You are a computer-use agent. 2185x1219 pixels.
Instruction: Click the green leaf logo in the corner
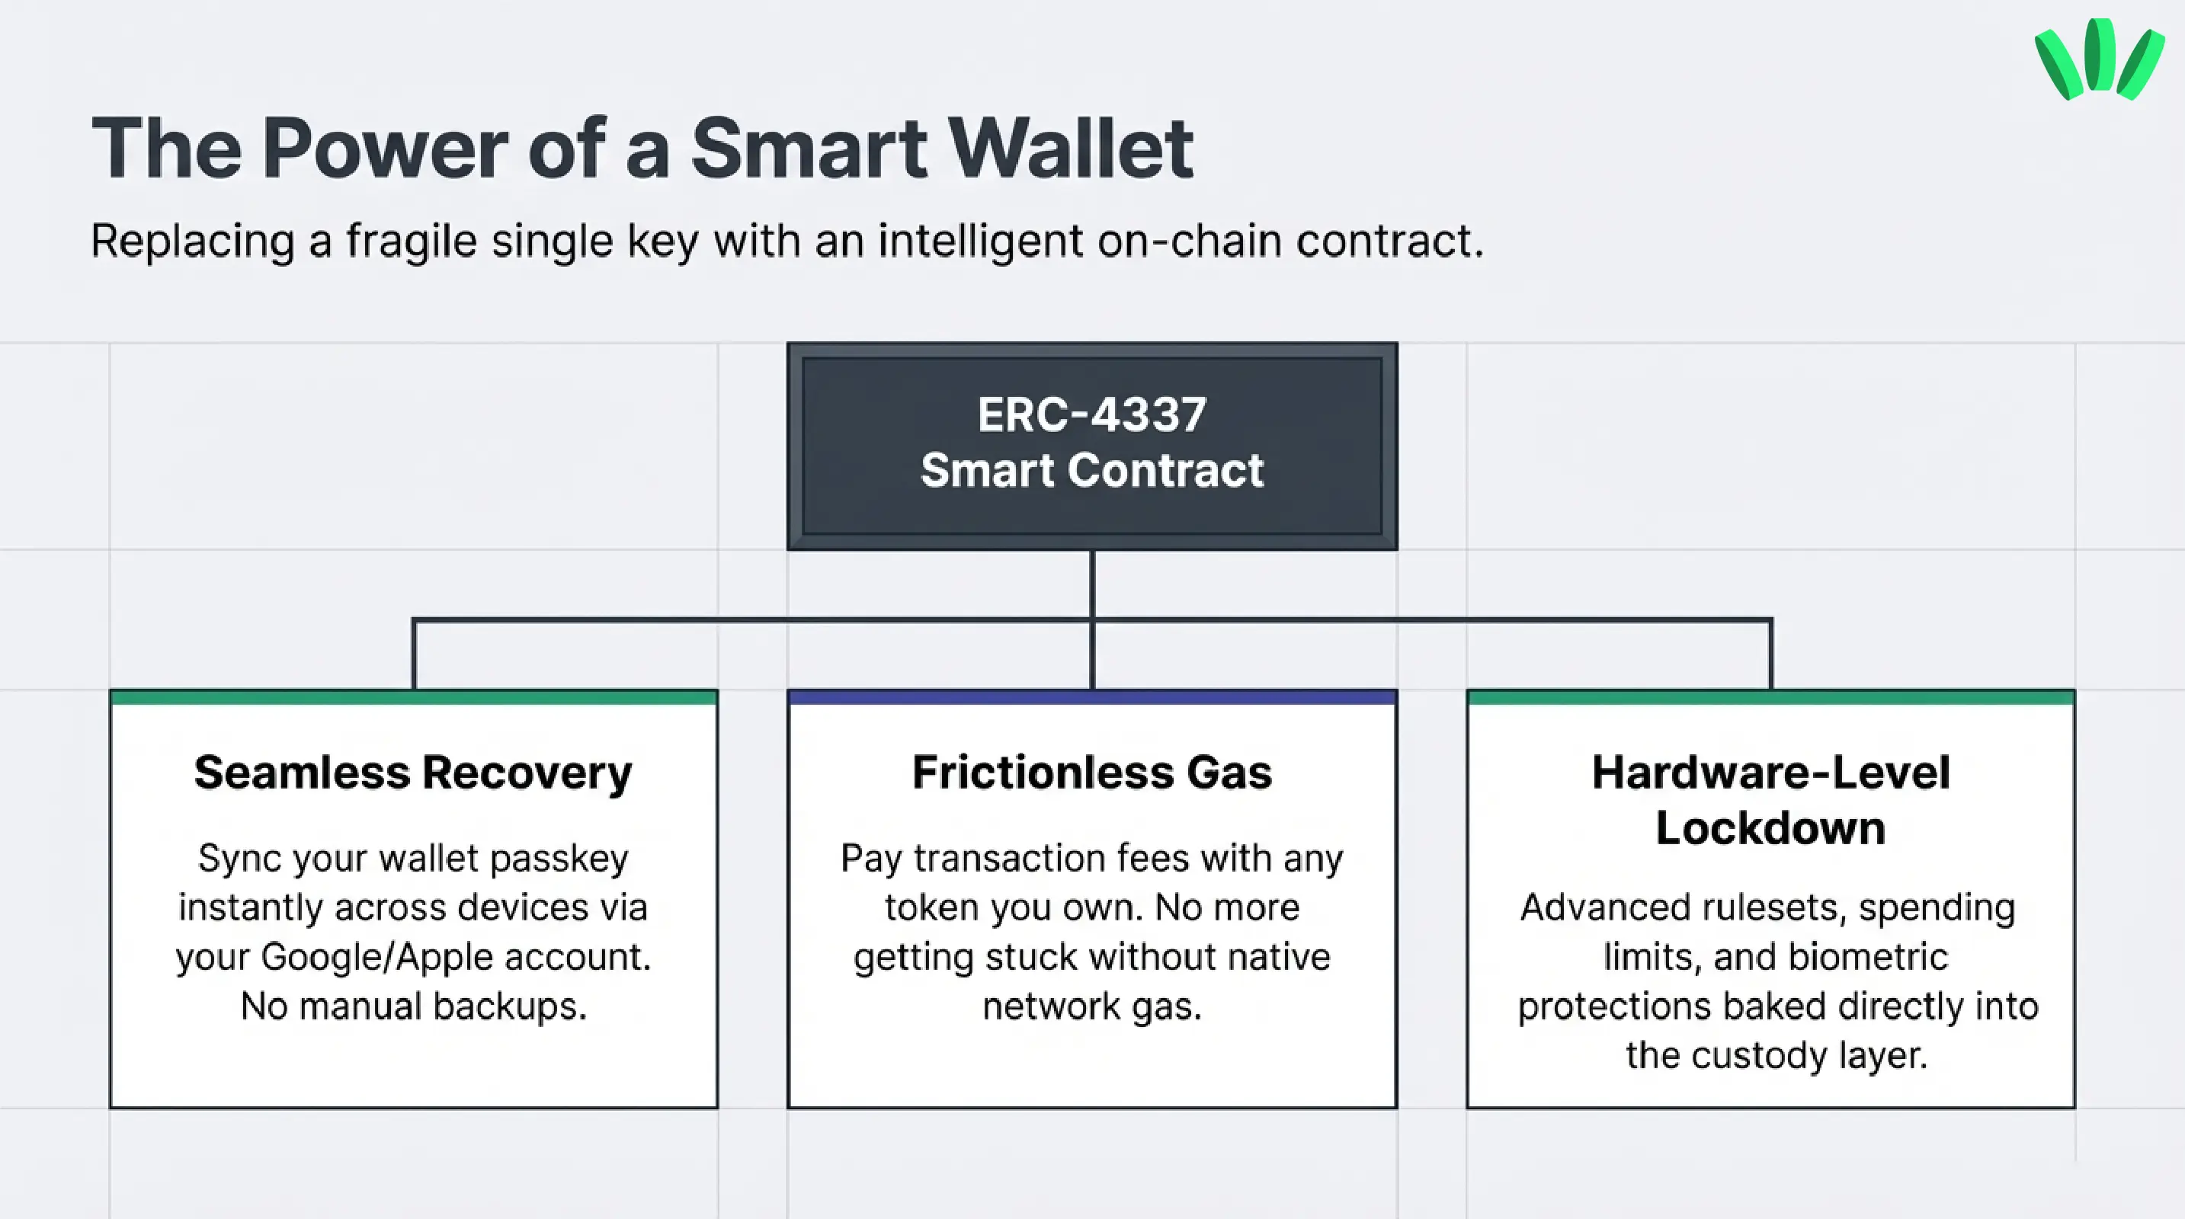pyautogui.click(x=2098, y=59)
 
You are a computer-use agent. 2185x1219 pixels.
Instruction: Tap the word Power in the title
pyautogui.click(x=385, y=149)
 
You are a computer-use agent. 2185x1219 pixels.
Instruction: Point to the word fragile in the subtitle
pyautogui.click(x=412, y=242)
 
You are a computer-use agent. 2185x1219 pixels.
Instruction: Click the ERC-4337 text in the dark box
pyautogui.click(x=1091, y=415)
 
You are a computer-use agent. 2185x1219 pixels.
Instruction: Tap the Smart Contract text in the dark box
pyautogui.click(x=1091, y=471)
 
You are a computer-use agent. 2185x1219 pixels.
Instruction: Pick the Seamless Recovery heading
pyautogui.click(x=413, y=773)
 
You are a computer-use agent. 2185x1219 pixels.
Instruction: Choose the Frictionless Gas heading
pyautogui.click(x=1091, y=773)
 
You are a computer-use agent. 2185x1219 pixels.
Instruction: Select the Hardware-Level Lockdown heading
pyautogui.click(x=1770, y=800)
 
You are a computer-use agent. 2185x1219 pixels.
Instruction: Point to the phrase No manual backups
pyautogui.click(x=413, y=1006)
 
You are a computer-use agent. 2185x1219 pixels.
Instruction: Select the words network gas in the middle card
pyautogui.click(x=1091, y=1006)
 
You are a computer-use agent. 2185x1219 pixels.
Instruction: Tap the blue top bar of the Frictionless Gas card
pyautogui.click(x=1091, y=698)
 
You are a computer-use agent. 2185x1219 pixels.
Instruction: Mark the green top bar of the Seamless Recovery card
pyautogui.click(x=413, y=698)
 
